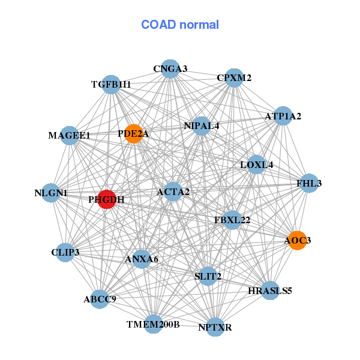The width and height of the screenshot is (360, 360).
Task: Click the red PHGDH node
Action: (x=107, y=199)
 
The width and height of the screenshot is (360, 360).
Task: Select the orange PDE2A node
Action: (x=134, y=134)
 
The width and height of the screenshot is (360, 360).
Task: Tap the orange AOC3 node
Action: (x=298, y=241)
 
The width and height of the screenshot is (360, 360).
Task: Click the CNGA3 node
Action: (x=170, y=68)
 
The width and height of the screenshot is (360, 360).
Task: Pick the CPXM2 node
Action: (x=234, y=78)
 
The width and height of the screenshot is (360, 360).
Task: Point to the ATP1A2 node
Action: (x=283, y=116)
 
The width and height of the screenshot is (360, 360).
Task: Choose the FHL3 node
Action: (x=309, y=183)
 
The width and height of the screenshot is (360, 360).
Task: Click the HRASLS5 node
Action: (x=270, y=290)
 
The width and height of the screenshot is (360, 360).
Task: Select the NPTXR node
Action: (x=215, y=327)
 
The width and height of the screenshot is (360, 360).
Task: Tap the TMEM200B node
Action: (x=154, y=324)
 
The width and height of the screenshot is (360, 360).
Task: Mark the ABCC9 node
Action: (x=100, y=299)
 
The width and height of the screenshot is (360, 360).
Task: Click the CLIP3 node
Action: (x=65, y=253)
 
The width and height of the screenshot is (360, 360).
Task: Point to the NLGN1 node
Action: (x=51, y=193)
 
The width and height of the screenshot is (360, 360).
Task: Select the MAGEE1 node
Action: (x=70, y=136)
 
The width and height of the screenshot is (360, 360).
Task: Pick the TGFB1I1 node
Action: (x=111, y=85)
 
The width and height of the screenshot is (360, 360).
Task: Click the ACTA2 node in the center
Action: (x=173, y=192)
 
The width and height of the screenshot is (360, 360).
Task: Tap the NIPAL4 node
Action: (x=202, y=126)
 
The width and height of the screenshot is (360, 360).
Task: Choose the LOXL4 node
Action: (x=257, y=164)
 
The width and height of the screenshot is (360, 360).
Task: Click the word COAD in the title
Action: (x=158, y=25)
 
